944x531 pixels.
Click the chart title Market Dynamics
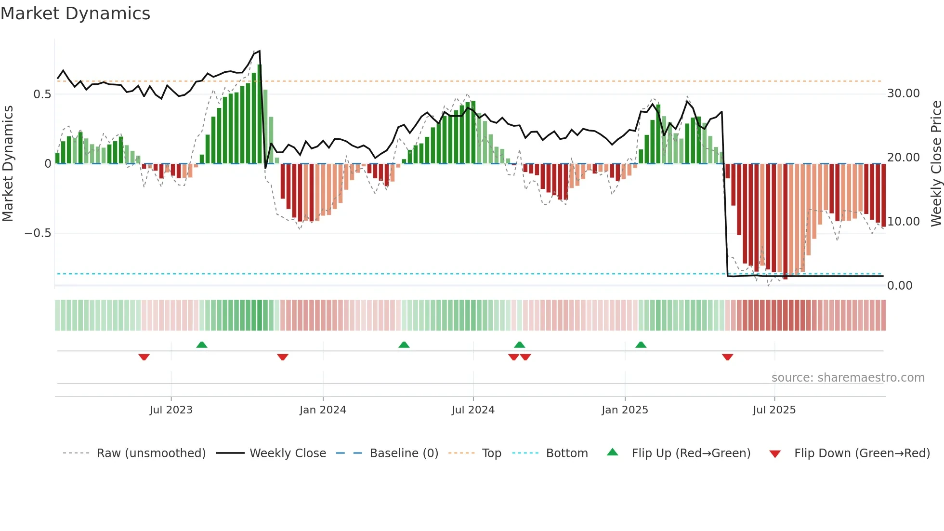click(75, 13)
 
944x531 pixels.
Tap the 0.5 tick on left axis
click(42, 94)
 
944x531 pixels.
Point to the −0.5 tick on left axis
click(38, 233)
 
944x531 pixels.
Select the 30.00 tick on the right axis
click(903, 93)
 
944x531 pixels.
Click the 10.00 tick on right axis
click(903, 222)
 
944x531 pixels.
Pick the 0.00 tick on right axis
click(899, 286)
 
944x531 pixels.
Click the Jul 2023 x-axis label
click(171, 410)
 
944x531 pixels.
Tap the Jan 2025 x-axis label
click(625, 410)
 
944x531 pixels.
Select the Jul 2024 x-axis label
click(473, 410)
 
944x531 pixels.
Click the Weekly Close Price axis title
click(936, 164)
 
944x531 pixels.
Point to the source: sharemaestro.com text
click(848, 378)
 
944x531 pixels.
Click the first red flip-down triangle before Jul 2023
click(144, 357)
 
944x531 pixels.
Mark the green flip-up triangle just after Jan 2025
click(641, 345)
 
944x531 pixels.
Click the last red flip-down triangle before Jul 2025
click(727, 357)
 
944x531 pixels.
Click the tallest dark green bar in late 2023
click(260, 114)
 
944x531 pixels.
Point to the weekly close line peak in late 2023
click(260, 51)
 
